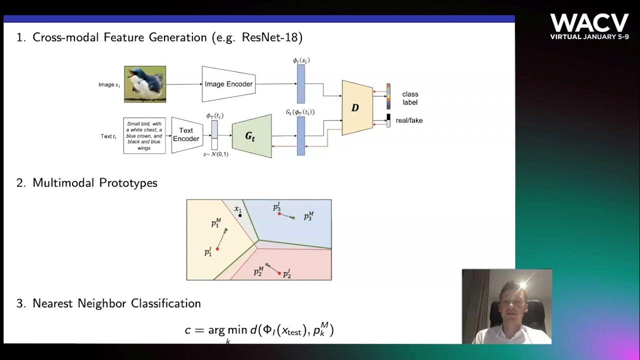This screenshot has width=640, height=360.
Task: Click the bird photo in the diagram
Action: pos(145,84)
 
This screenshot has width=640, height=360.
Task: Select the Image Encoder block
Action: pos(228,84)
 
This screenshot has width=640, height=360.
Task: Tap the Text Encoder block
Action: pos(186,134)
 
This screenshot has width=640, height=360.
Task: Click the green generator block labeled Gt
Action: pos(251,136)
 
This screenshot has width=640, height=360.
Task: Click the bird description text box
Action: pos(144,135)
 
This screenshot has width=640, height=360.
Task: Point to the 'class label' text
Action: pos(410,98)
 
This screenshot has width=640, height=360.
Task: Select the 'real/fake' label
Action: pos(409,120)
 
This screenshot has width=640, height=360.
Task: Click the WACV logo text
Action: pos(589,23)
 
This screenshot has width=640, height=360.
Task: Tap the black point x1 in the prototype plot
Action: pos(240,215)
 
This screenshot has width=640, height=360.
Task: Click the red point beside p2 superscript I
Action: pos(279,273)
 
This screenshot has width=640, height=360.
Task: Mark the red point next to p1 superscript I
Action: pos(217,249)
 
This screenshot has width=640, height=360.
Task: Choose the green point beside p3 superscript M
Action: pos(293,217)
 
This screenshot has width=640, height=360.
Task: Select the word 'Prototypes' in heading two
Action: pos(128,183)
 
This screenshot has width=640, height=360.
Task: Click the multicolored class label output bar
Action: pos(388,96)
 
